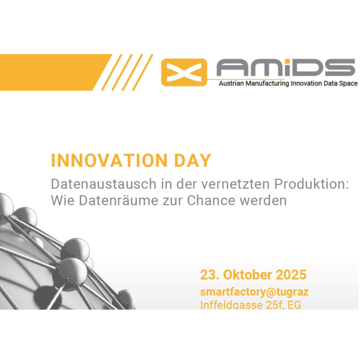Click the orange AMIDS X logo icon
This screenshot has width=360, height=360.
tap(184, 72)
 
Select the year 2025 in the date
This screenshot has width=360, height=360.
tap(290, 275)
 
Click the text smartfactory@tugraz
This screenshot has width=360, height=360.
tap(254, 292)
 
